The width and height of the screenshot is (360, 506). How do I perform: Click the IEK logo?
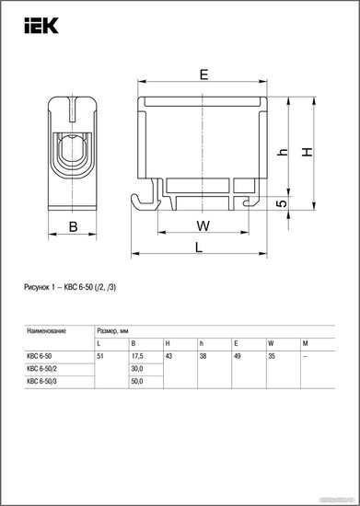pyautogui.click(x=41, y=26)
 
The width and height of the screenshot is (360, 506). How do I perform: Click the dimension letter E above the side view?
pyautogui.click(x=203, y=75)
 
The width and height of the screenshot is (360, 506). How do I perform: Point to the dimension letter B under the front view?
pyautogui.click(x=74, y=226)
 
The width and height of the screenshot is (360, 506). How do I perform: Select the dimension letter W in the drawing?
pyautogui.click(x=203, y=225)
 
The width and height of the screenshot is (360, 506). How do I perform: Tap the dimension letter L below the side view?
pyautogui.click(x=199, y=247)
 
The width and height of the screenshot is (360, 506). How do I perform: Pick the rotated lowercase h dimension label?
pyautogui.click(x=283, y=153)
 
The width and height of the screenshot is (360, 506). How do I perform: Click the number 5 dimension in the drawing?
pyautogui.click(x=282, y=203)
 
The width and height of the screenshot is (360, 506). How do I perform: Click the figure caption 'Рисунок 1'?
pyautogui.click(x=37, y=287)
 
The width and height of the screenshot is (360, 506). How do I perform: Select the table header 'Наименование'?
pyautogui.click(x=46, y=331)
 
